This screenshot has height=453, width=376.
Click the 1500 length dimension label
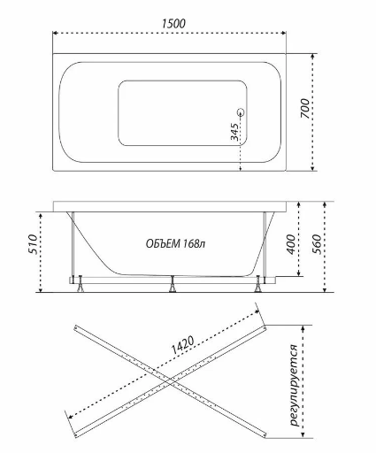(173, 24)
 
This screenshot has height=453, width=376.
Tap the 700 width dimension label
(305, 109)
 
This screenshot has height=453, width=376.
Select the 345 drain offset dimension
(234, 132)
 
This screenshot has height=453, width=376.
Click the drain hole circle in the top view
(241, 112)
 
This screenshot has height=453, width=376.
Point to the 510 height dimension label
(33, 244)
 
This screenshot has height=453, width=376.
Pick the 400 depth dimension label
(291, 244)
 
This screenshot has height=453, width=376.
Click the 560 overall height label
(317, 244)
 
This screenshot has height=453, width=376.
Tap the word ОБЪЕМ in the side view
(163, 244)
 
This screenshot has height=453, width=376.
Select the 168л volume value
(194, 244)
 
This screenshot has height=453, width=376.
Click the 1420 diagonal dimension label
(183, 345)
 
